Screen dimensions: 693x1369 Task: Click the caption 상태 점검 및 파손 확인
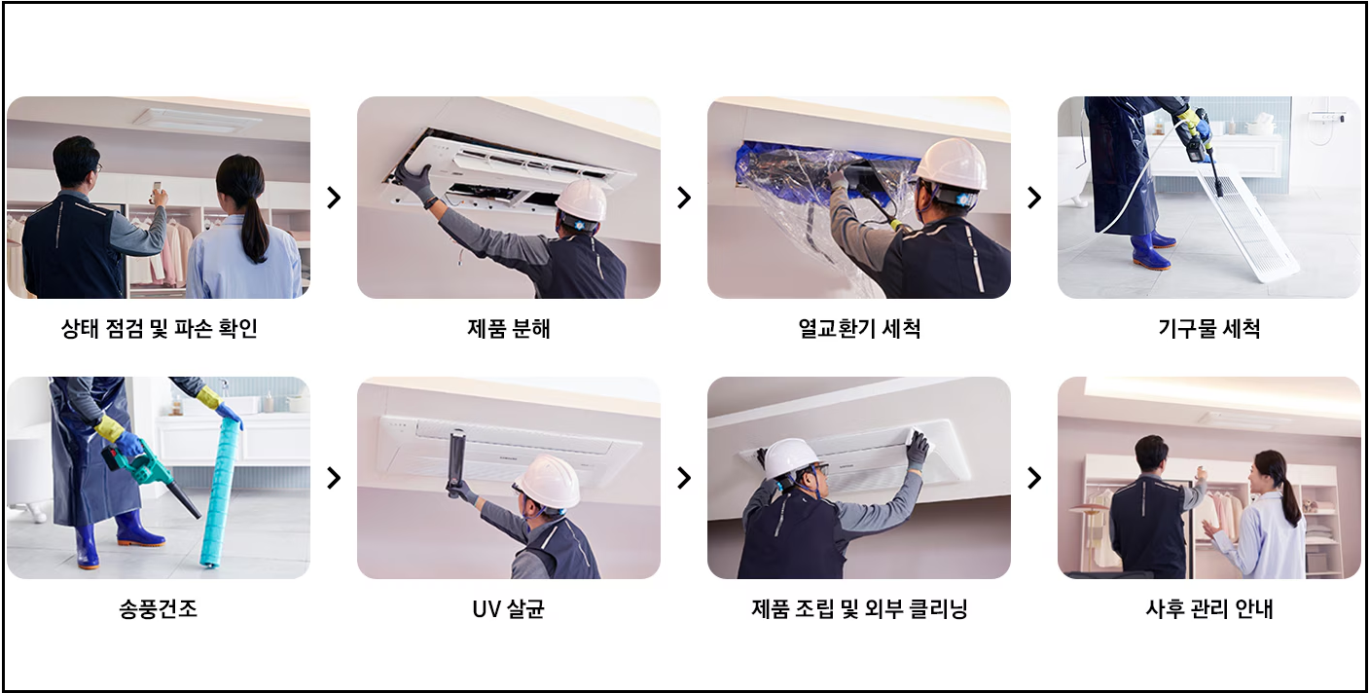(x=159, y=329)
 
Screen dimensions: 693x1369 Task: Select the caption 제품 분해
(x=509, y=329)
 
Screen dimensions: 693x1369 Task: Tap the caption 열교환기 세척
(x=859, y=329)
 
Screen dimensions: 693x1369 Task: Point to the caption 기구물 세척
(x=1209, y=329)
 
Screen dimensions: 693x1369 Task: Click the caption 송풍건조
(x=159, y=609)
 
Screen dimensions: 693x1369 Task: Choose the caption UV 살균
(x=509, y=609)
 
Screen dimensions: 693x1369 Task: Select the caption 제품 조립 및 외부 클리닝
(x=859, y=609)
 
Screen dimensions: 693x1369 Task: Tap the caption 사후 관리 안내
(x=1209, y=609)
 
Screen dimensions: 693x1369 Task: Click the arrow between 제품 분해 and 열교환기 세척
(x=684, y=198)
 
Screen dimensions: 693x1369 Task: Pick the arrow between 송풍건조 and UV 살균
(x=334, y=478)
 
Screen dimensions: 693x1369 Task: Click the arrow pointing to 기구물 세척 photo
(x=1034, y=198)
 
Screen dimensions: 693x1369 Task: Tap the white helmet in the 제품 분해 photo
(x=582, y=199)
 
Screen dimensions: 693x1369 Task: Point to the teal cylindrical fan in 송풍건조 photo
(x=220, y=492)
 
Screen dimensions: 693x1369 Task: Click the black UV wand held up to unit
(x=456, y=461)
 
